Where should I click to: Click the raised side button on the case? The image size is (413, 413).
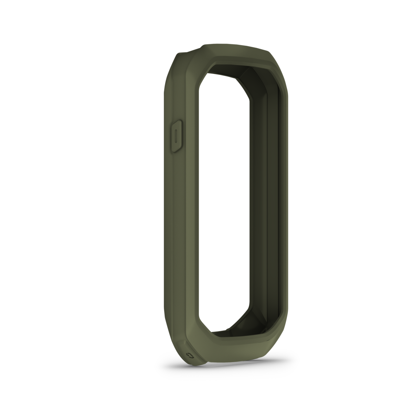(176, 136)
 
